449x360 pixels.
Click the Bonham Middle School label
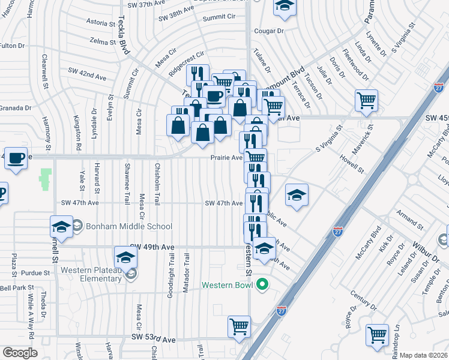pos(128,226)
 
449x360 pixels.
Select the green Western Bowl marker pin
pos(262,284)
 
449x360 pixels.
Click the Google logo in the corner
pos(20,353)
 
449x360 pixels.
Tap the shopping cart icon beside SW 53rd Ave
pos(239,327)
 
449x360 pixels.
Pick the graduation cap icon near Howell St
pos(297,195)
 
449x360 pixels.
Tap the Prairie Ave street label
pos(226,158)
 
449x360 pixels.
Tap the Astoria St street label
pos(100,23)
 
